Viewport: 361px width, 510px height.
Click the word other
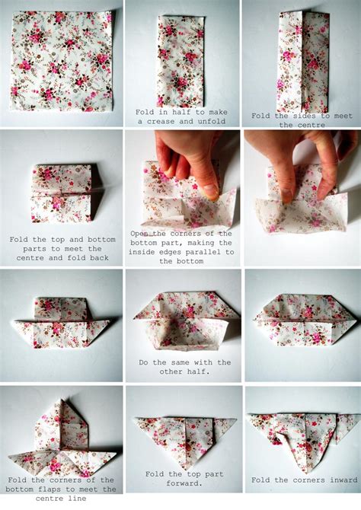[x=169, y=371]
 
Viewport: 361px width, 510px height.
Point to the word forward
[x=184, y=483]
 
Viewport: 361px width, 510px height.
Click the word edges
[x=168, y=252]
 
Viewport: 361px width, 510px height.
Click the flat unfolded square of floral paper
[x=62, y=61]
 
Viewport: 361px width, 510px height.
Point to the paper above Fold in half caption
[x=181, y=62]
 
